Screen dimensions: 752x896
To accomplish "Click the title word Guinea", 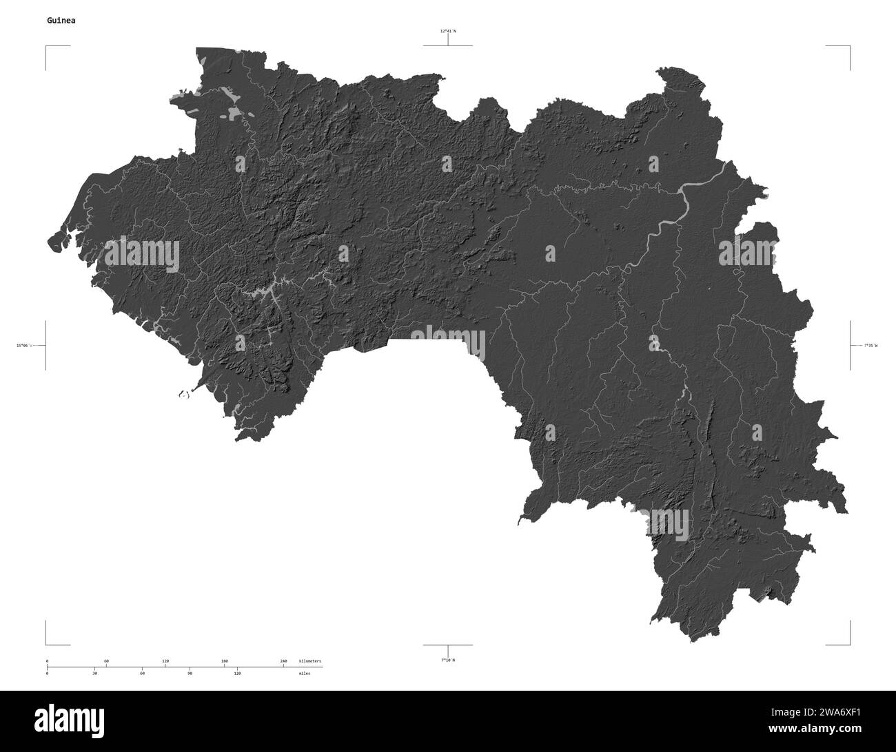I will pos(61,21).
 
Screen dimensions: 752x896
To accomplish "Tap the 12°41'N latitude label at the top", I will pos(448,31).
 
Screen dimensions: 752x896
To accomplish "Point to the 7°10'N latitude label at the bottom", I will pos(448,660).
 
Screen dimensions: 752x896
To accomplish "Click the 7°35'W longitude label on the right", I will pos(870,345).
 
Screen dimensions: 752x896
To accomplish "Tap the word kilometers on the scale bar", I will pos(309,661).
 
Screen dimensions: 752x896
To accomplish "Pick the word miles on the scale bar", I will pos(304,673).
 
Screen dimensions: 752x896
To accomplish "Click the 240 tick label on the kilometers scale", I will pos(283,661).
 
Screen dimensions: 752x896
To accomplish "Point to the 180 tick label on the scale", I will pos(224,661).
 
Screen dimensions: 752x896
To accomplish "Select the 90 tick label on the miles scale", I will pos(190,673).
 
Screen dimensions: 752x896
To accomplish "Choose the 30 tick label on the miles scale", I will pos(94,673).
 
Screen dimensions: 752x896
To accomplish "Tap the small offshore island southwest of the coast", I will pos(183,395).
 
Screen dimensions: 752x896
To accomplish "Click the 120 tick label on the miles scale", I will pos(237,673).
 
